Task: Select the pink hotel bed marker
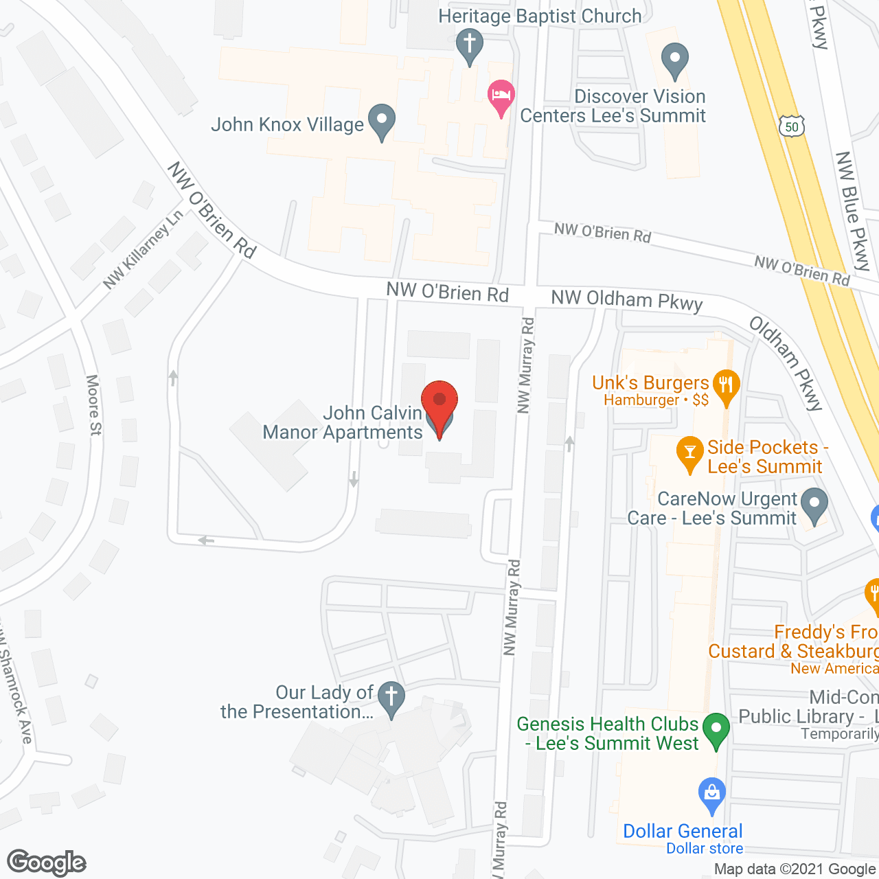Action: tap(501, 96)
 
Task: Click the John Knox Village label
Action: tap(287, 124)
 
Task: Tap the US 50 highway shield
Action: tap(792, 126)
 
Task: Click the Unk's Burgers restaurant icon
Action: tap(726, 387)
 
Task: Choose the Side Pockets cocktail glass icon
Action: tap(690, 453)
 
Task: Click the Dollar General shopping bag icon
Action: tap(711, 795)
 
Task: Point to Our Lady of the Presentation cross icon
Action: tap(391, 698)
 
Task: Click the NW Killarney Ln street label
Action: tap(144, 249)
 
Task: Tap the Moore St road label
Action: tap(94, 404)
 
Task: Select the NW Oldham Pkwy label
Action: tap(627, 300)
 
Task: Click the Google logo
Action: tap(47, 863)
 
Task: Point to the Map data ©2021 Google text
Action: tap(795, 869)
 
